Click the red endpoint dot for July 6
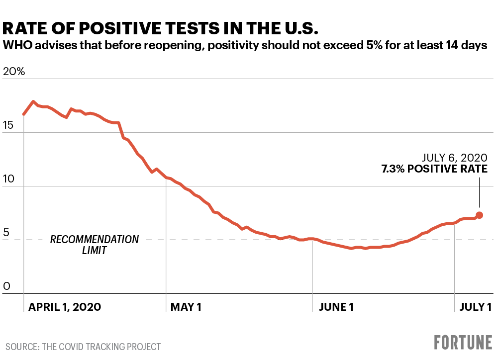click(x=480, y=215)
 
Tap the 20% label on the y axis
click(x=13, y=71)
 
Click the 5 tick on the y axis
click(x=6, y=233)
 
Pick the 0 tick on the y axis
click(x=6, y=286)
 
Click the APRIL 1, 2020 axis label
click(x=65, y=307)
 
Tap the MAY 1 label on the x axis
click(x=186, y=307)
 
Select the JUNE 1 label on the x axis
click(x=336, y=307)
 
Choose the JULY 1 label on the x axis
click(x=475, y=307)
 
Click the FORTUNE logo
click(x=463, y=343)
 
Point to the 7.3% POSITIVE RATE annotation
click(x=434, y=169)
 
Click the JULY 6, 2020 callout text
click(x=455, y=158)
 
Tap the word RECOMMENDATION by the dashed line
click(x=95, y=240)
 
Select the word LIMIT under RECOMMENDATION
click(x=95, y=251)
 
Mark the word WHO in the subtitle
click(x=14, y=46)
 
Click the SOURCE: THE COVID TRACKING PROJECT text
click(x=84, y=347)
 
